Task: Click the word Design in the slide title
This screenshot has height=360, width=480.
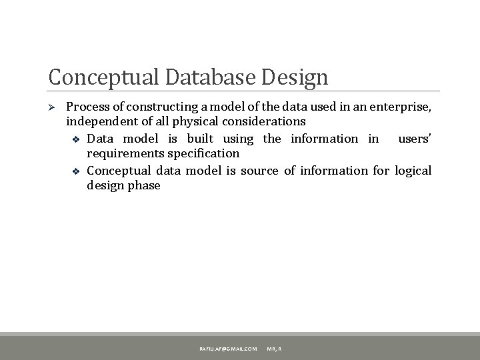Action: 296,77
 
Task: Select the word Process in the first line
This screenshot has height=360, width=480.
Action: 89,107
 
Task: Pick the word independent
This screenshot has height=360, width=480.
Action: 101,122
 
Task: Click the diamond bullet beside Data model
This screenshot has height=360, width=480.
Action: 75,139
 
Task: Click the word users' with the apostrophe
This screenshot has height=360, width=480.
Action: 415,139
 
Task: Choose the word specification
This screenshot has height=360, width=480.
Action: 203,154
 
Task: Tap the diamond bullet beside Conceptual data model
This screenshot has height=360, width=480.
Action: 75,171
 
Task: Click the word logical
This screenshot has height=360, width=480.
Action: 413,170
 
